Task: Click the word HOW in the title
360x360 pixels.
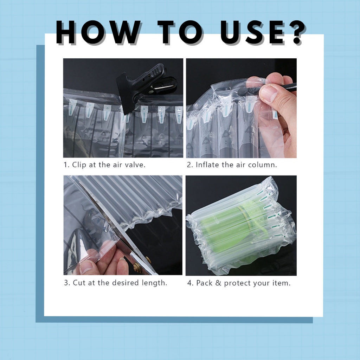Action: coord(98,32)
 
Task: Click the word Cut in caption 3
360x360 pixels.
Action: coord(79,283)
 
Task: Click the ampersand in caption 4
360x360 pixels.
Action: coord(218,283)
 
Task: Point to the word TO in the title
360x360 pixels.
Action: coord(180,32)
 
